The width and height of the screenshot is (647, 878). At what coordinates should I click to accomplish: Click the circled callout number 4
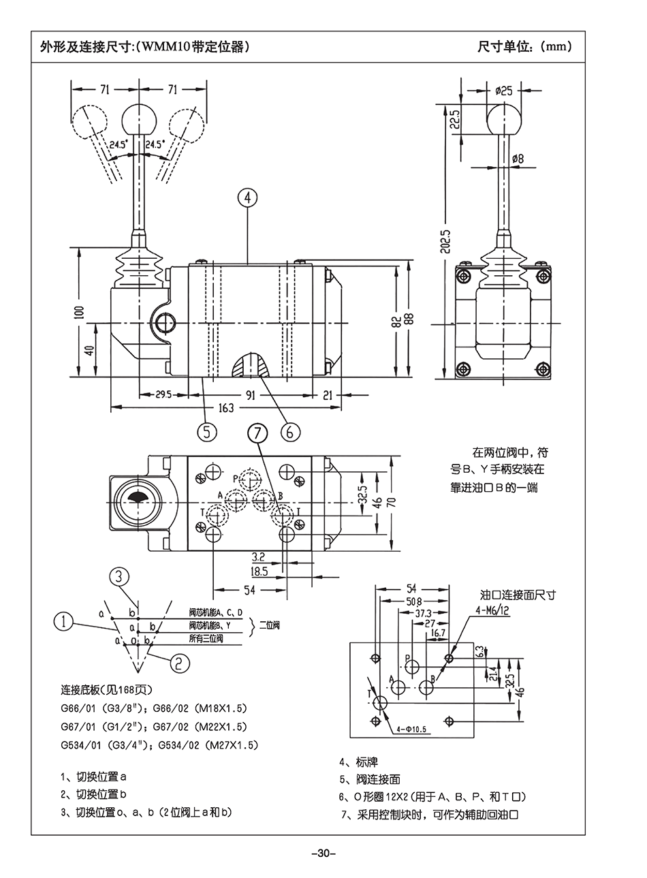pos(248,198)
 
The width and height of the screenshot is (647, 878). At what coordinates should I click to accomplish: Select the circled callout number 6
pos(289,432)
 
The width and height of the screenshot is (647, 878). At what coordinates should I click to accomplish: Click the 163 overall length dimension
pos(225,408)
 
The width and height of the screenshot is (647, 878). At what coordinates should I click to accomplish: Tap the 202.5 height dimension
pos(445,241)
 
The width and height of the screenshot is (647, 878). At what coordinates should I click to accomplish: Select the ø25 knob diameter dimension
pos(504,90)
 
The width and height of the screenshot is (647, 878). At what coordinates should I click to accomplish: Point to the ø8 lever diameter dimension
pos(518,158)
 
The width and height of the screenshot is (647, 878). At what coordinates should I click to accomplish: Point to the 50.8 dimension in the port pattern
pos(413,601)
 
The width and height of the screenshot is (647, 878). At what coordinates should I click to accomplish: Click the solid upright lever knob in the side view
pos(140,120)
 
